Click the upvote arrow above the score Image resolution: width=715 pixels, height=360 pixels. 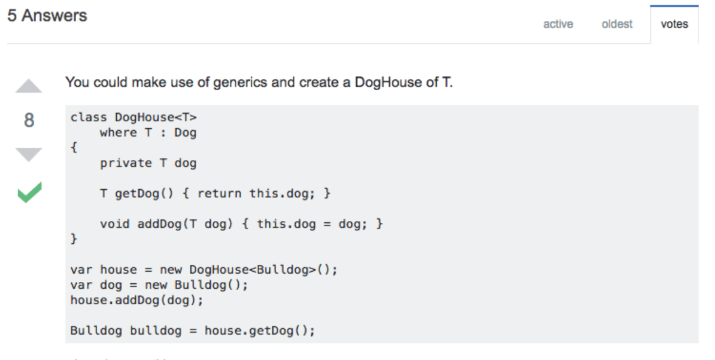pyautogui.click(x=29, y=86)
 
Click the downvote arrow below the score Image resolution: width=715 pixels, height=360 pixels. pyautogui.click(x=29, y=154)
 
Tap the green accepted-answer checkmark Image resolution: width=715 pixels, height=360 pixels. pyautogui.click(x=30, y=192)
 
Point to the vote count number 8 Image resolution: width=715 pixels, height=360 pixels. pyautogui.click(x=29, y=120)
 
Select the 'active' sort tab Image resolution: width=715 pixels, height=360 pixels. pyautogui.click(x=558, y=24)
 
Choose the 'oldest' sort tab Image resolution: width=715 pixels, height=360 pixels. pyautogui.click(x=617, y=24)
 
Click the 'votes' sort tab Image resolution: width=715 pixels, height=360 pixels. pyautogui.click(x=674, y=24)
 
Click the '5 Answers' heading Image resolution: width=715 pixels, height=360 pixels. pyautogui.click(x=47, y=15)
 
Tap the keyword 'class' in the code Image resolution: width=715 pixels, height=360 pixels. pyautogui.click(x=88, y=117)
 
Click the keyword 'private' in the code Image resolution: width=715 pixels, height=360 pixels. pyautogui.click(x=126, y=163)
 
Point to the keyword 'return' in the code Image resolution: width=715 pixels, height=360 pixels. pyautogui.click(x=219, y=194)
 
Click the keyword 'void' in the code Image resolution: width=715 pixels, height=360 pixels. pyautogui.click(x=114, y=224)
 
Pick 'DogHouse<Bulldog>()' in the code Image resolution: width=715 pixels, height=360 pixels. pyautogui.click(x=263, y=270)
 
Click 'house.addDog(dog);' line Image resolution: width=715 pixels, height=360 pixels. pyautogui.click(x=137, y=300)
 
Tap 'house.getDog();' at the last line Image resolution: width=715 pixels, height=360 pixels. pyautogui.click(x=260, y=331)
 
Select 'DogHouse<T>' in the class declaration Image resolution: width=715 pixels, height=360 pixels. pyautogui.click(x=156, y=117)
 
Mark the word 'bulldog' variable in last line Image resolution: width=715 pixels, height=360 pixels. pyautogui.click(x=156, y=331)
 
